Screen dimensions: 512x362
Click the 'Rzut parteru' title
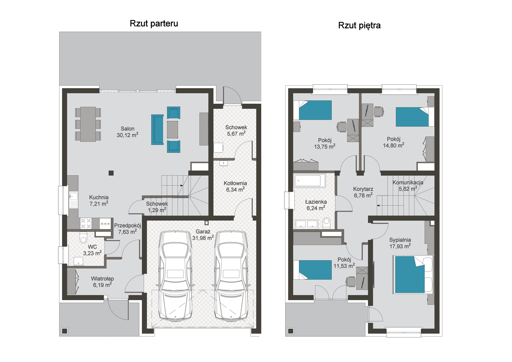point(154,24)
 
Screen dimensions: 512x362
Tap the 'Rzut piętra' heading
point(359,26)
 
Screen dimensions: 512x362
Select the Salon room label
point(127,129)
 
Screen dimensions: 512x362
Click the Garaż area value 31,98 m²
point(203,238)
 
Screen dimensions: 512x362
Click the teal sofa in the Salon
point(157,130)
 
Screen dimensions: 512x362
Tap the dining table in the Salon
point(88,124)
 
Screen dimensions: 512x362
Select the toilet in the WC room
point(83,237)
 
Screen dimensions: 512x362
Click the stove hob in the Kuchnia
point(86,223)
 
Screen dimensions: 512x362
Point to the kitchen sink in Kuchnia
point(73,199)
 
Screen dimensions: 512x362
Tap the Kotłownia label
point(235,183)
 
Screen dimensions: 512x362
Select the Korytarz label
point(363,189)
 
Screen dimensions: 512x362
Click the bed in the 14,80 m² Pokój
point(415,117)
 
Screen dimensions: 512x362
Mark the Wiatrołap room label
point(102,279)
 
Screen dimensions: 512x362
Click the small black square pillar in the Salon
point(111,173)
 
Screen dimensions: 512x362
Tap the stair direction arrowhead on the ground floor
point(182,185)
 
